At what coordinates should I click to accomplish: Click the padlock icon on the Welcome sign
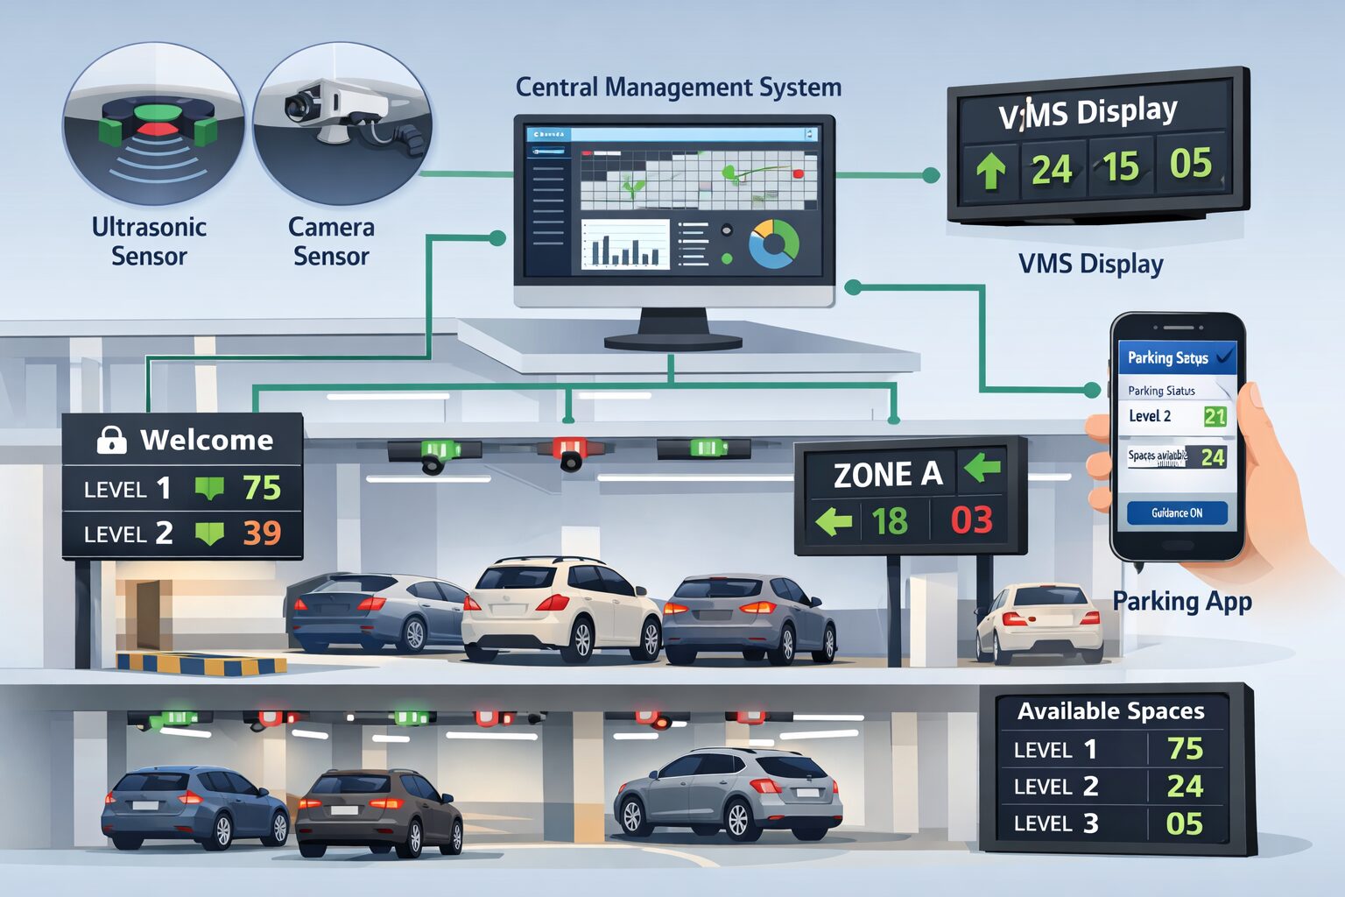click(x=111, y=439)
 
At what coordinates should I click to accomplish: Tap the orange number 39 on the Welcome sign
click(x=262, y=533)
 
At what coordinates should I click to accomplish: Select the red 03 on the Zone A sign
click(x=972, y=519)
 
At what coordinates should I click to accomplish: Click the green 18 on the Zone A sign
click(x=890, y=521)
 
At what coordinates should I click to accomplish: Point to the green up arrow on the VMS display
click(x=990, y=171)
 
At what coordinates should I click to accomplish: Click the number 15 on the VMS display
click(x=1121, y=166)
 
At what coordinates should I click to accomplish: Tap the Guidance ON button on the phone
click(x=1176, y=513)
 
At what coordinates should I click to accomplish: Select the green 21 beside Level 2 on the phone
click(x=1215, y=416)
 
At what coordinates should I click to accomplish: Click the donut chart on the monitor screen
click(x=773, y=244)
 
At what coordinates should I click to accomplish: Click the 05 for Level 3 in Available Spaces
click(x=1184, y=823)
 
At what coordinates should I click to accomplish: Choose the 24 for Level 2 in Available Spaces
click(x=1184, y=786)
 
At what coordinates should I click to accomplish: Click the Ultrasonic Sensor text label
click(x=149, y=241)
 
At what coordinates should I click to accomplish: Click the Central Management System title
click(x=678, y=88)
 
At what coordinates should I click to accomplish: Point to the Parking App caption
click(x=1181, y=601)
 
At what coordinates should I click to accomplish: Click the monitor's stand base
click(x=672, y=340)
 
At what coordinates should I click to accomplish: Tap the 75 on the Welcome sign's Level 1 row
click(x=262, y=487)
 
